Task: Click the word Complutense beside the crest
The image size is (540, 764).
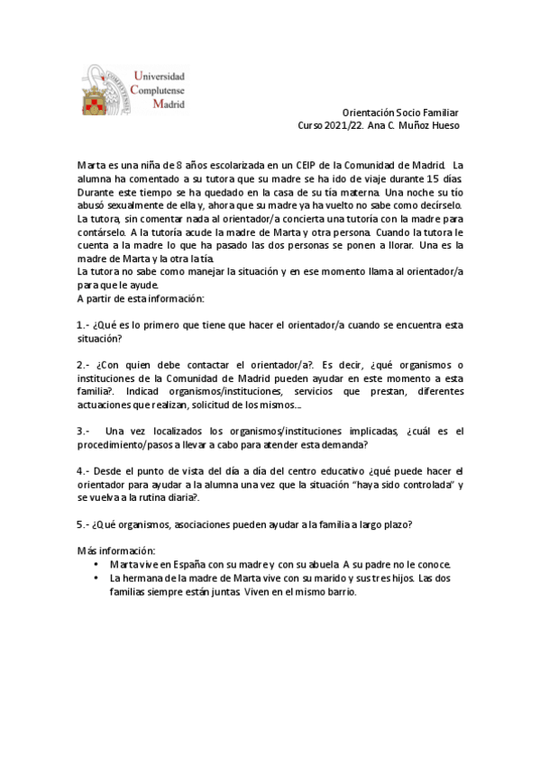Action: click(159, 91)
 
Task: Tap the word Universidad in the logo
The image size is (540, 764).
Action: click(160, 77)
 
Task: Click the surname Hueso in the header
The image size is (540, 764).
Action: click(444, 125)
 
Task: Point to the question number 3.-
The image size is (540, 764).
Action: click(82, 431)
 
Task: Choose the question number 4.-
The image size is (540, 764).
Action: click(82, 470)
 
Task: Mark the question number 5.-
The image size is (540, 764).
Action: click(82, 524)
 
